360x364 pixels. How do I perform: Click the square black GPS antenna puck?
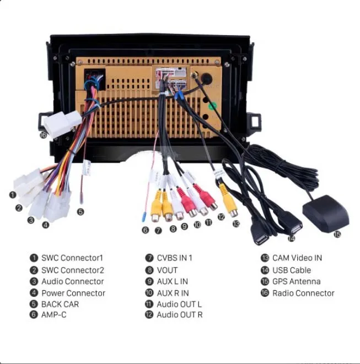pyautogui.click(x=325, y=211)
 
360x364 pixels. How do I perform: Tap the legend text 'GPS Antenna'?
pyautogui.click(x=296, y=281)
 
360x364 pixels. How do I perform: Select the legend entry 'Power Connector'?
pyautogui.click(x=73, y=293)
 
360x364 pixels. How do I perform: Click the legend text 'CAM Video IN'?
pyautogui.click(x=297, y=258)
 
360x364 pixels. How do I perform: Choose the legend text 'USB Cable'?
pyautogui.click(x=291, y=270)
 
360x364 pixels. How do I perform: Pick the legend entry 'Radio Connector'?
pyautogui.click(x=303, y=293)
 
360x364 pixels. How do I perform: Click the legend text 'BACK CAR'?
pyautogui.click(x=60, y=304)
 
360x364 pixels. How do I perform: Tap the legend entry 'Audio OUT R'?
pyautogui.click(x=180, y=315)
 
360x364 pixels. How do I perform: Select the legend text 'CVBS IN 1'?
pyautogui.click(x=175, y=258)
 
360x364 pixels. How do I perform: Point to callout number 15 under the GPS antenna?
pyautogui.click(x=337, y=234)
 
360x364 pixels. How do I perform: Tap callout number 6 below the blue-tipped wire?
pyautogui.click(x=145, y=230)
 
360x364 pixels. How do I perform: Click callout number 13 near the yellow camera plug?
pyautogui.click(x=236, y=224)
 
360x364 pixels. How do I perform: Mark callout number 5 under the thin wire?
pyautogui.click(x=80, y=211)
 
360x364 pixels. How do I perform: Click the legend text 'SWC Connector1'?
pyautogui.click(x=72, y=258)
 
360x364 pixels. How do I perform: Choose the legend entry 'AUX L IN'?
pyautogui.click(x=172, y=281)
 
